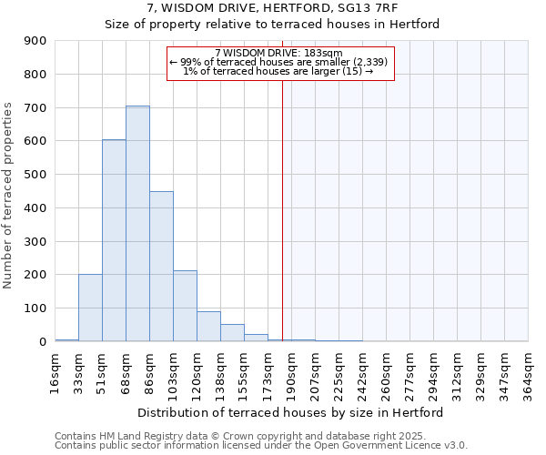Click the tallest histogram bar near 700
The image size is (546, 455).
tap(137, 224)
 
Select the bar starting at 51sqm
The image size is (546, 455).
tap(114, 240)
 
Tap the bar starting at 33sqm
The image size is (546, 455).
tap(90, 308)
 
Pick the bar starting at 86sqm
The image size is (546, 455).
tap(161, 267)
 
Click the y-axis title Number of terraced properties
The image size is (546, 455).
tap(9, 196)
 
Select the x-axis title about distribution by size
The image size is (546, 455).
tap(291, 412)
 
